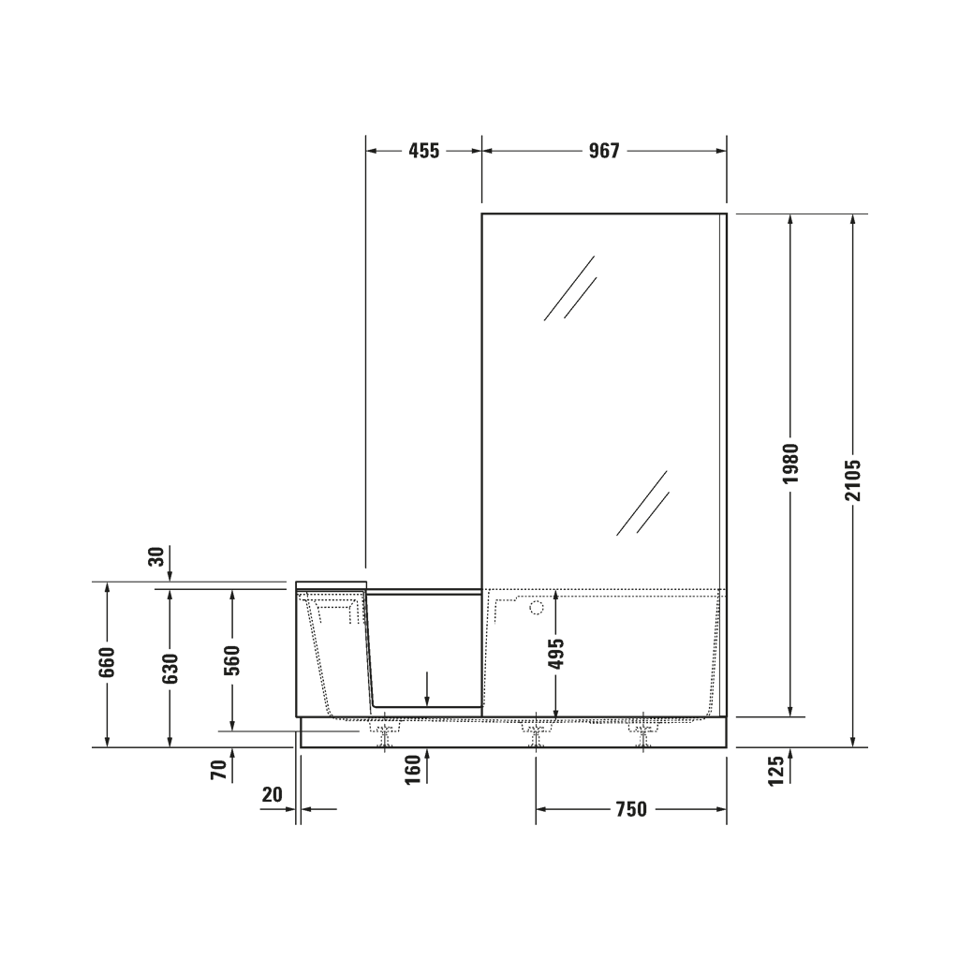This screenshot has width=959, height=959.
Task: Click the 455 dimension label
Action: click(424, 151)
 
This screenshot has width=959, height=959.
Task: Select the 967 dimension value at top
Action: click(604, 151)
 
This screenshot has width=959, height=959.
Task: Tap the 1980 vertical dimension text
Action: click(791, 464)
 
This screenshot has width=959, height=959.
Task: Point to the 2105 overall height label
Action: click(852, 480)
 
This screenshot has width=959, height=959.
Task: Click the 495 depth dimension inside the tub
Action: click(556, 654)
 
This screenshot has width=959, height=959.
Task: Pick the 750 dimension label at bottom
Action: click(631, 809)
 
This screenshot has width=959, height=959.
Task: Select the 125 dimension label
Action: click(775, 772)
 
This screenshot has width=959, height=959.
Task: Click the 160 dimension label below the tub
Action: click(413, 770)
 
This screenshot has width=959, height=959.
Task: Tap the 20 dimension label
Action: click(273, 794)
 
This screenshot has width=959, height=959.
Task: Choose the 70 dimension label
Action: click(218, 770)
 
